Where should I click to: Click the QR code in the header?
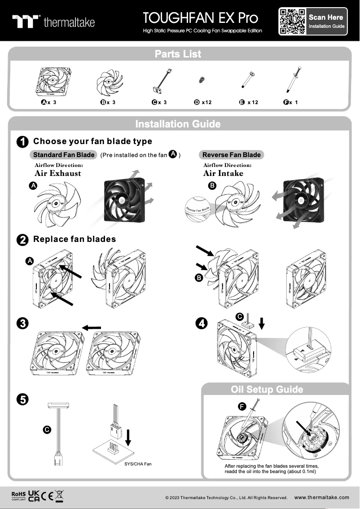coord(292,22)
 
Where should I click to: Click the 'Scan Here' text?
coord(326,18)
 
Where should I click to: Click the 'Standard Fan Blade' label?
coord(64,155)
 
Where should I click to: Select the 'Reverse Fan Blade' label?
coord(231,155)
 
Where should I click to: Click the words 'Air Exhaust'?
coord(58,173)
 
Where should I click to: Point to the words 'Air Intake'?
coord(223,173)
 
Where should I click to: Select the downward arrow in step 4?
coord(263,323)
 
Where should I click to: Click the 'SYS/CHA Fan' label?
coord(138,464)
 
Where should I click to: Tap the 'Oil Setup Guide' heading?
coord(267,389)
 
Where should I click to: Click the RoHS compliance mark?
coord(18,495)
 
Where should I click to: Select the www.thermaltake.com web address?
coord(321,497)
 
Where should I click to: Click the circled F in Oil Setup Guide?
coord(241,407)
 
